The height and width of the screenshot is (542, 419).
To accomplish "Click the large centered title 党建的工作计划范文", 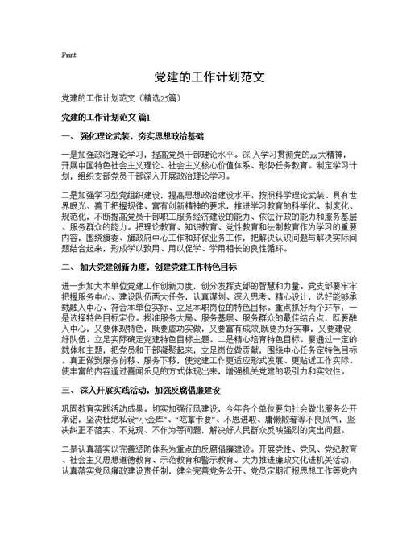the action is tap(209, 78).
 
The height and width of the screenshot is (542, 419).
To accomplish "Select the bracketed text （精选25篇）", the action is tap(164, 98).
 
